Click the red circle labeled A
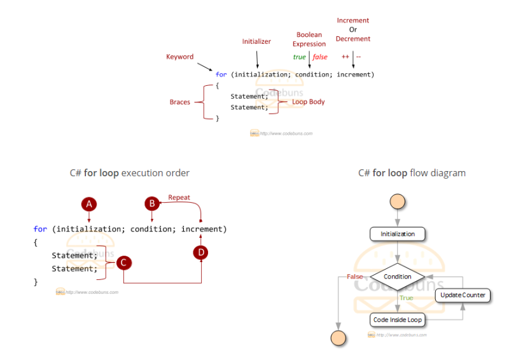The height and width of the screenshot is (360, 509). coord(89,204)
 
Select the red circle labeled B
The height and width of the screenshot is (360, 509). coord(151,204)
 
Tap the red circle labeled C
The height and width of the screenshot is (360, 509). coord(124,261)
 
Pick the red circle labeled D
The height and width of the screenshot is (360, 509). coord(200,253)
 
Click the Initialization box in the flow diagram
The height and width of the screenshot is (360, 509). coord(398,234)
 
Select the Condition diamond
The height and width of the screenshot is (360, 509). coord(398,277)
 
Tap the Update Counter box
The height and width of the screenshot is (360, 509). coord(463,295)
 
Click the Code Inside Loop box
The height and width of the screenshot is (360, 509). coord(398,319)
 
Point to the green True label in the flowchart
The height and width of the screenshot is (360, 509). coord(406,298)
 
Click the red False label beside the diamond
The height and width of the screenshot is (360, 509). coord(354,277)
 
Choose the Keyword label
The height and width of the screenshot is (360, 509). coord(180,57)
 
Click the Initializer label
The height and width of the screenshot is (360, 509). coord(256,41)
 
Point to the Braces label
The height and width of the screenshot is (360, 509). coord(180,102)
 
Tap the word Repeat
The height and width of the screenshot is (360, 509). coord(179,198)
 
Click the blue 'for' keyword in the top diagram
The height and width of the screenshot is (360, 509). coord(221,74)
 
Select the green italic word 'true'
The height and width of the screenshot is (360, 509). coord(299,57)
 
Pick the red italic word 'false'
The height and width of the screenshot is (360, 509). coord(320,57)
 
